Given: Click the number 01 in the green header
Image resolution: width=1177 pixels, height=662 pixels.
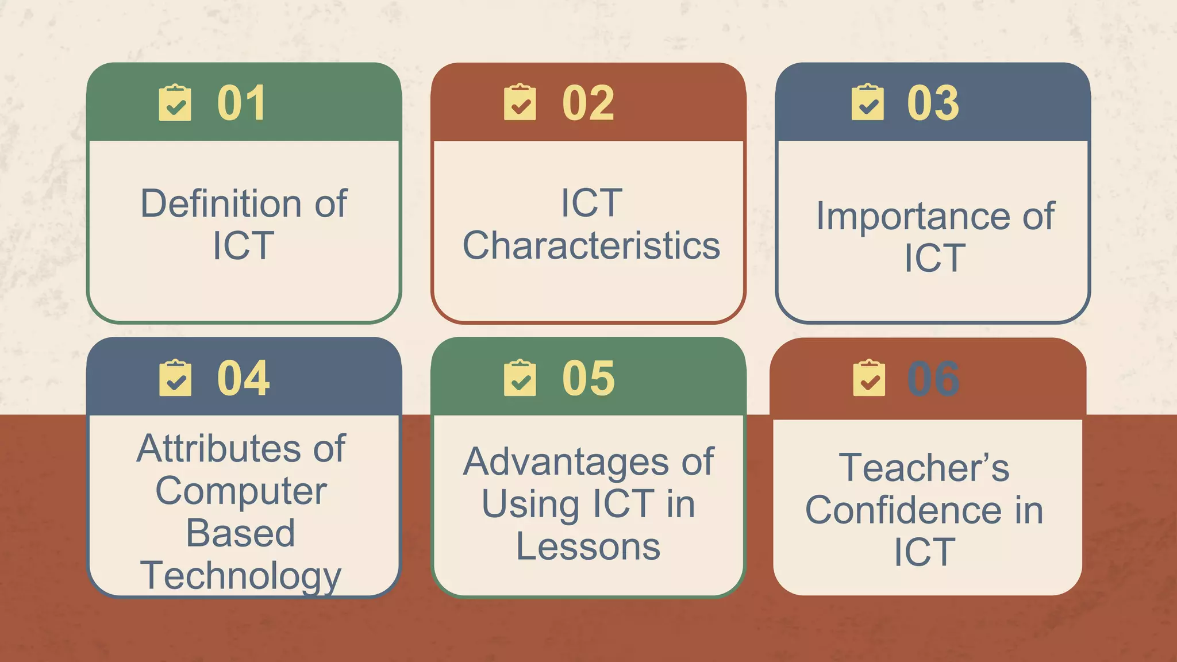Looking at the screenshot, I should (x=241, y=103).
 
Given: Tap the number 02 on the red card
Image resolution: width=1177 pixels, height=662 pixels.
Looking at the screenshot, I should (x=588, y=103).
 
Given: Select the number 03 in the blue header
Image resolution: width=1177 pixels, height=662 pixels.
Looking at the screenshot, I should (x=933, y=103).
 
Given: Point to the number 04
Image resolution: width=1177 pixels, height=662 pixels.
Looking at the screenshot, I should (x=243, y=378).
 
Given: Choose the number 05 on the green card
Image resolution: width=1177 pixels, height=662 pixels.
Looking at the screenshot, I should (x=588, y=378).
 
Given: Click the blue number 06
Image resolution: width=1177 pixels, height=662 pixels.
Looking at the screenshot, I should (x=933, y=379).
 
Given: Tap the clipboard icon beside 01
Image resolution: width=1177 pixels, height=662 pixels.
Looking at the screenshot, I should (x=175, y=103).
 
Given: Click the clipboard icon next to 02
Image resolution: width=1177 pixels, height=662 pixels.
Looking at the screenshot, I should (x=520, y=103).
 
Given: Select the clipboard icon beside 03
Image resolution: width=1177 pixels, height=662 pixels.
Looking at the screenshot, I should (x=868, y=103).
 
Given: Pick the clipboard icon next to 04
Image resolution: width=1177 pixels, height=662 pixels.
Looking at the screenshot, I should (x=175, y=378).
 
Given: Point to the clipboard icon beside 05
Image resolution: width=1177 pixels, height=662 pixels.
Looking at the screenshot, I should (x=520, y=378).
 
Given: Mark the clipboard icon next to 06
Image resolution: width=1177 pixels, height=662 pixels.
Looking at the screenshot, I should (x=869, y=378).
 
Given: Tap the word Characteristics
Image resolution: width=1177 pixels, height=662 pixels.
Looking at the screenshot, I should (x=591, y=245).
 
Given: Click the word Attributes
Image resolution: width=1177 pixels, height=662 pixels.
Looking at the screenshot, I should (x=218, y=448).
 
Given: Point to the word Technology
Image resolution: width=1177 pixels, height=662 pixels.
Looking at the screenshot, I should (x=241, y=576).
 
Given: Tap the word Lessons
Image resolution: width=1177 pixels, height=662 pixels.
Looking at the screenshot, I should (x=588, y=546).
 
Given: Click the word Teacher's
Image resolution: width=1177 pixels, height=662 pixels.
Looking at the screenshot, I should (x=924, y=467).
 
